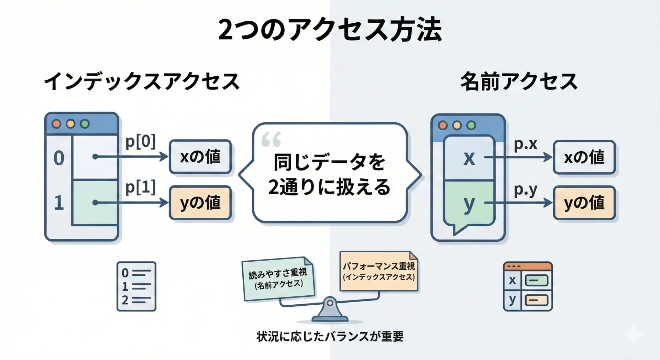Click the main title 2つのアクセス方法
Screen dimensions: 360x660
tap(330, 30)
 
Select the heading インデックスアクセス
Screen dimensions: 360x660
tap(142, 82)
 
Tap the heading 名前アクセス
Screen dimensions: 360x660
tap(519, 82)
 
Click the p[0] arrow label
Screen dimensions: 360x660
tap(140, 141)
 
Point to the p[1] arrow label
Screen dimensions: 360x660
tap(140, 187)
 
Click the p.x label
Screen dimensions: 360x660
tap(525, 144)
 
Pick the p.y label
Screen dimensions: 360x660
tap(525, 190)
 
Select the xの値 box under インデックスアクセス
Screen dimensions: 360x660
tap(200, 157)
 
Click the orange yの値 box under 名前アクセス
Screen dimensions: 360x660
tap(584, 203)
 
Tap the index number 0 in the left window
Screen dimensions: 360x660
tap(59, 158)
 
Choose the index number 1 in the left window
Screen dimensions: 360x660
tap(59, 203)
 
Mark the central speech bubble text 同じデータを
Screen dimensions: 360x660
tap(329, 162)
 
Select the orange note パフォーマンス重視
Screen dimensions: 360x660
tap(379, 271)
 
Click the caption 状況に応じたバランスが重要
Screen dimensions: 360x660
tap(330, 336)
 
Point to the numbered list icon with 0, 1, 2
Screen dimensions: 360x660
tap(136, 286)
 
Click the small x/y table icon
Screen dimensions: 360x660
tap(528, 286)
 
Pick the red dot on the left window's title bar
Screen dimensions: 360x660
tap(56, 124)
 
